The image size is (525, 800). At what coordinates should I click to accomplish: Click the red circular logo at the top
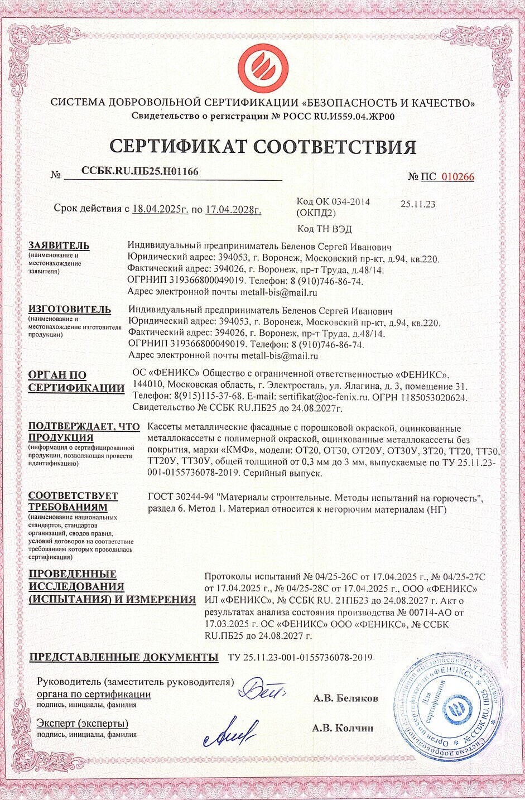point(263,66)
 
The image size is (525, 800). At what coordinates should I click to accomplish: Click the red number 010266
point(457,177)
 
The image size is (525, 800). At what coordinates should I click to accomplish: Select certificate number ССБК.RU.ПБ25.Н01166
point(139,171)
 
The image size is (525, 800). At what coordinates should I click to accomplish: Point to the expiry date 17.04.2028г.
point(233,210)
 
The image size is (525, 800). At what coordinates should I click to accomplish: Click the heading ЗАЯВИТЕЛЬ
point(59,245)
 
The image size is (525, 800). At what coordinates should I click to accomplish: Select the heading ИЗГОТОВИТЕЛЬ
point(70,309)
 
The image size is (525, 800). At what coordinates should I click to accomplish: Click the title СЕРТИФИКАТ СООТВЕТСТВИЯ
point(263,146)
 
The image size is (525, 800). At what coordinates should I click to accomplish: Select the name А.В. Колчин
point(343,727)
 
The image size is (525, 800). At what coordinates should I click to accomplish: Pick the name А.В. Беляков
point(345,698)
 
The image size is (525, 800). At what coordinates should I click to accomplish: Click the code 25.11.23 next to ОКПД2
point(418,204)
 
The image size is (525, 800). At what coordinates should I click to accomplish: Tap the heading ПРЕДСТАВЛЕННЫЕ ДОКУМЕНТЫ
point(123,657)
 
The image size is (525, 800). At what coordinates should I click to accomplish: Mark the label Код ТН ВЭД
point(325,229)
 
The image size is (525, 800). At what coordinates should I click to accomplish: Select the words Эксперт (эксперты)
point(83,724)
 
